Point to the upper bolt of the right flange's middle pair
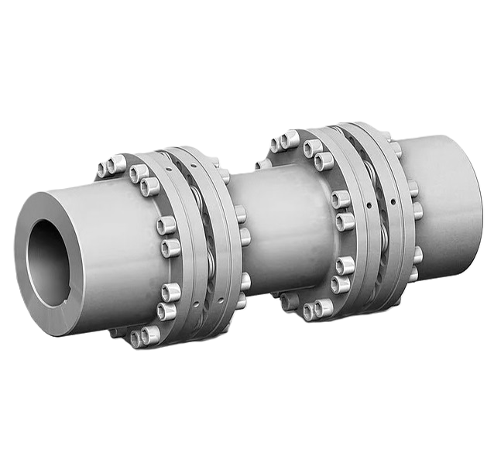pyautogui.click(x=339, y=200)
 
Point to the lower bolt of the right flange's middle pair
pyautogui.click(x=344, y=222)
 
